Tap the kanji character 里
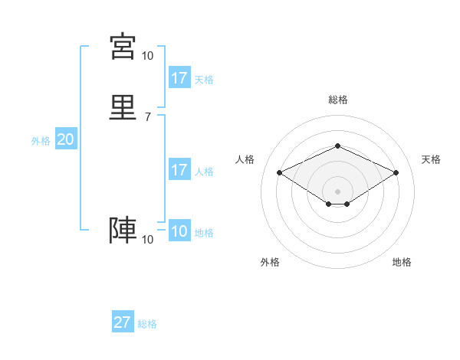click(123, 107)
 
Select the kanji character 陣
click(123, 231)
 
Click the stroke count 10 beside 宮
click(147, 56)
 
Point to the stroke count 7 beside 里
click(147, 117)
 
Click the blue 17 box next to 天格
click(179, 78)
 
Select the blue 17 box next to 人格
click(179, 170)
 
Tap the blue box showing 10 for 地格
click(179, 231)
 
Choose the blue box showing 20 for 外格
click(66, 139)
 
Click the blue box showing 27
click(123, 322)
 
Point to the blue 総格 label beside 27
click(147, 324)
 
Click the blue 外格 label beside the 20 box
click(41, 141)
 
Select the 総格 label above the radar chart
click(338, 100)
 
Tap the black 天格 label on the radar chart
click(431, 159)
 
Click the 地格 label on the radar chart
click(402, 262)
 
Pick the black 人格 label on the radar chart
click(245, 159)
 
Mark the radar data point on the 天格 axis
click(396, 172)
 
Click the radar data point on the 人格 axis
click(279, 172)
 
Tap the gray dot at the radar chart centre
click(338, 191)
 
